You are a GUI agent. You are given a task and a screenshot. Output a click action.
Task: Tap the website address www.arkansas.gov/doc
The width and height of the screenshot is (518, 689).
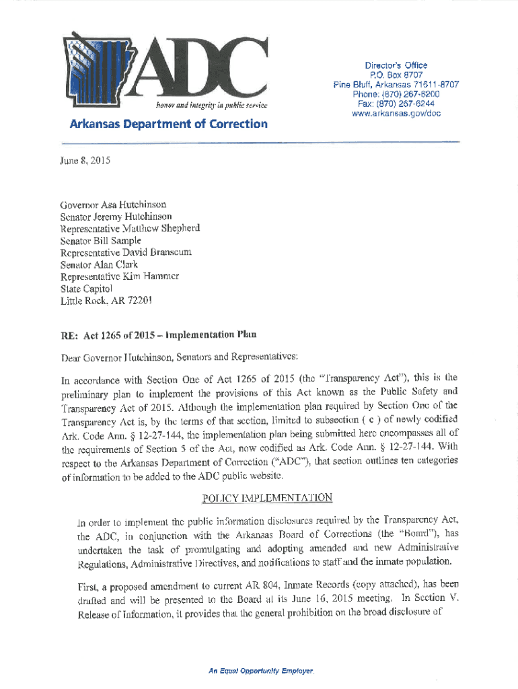coord(396,114)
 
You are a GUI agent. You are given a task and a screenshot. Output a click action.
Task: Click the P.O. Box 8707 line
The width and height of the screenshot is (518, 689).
coord(396,75)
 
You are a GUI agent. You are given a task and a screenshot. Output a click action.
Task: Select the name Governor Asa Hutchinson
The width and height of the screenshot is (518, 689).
coord(114,204)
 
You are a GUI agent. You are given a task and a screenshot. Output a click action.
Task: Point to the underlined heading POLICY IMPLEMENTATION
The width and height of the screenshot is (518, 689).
coord(267,498)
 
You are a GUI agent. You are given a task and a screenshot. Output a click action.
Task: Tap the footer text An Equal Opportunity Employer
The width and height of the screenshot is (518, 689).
coord(262,672)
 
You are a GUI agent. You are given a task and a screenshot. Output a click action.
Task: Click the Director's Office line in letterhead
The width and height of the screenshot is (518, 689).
coord(396,65)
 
